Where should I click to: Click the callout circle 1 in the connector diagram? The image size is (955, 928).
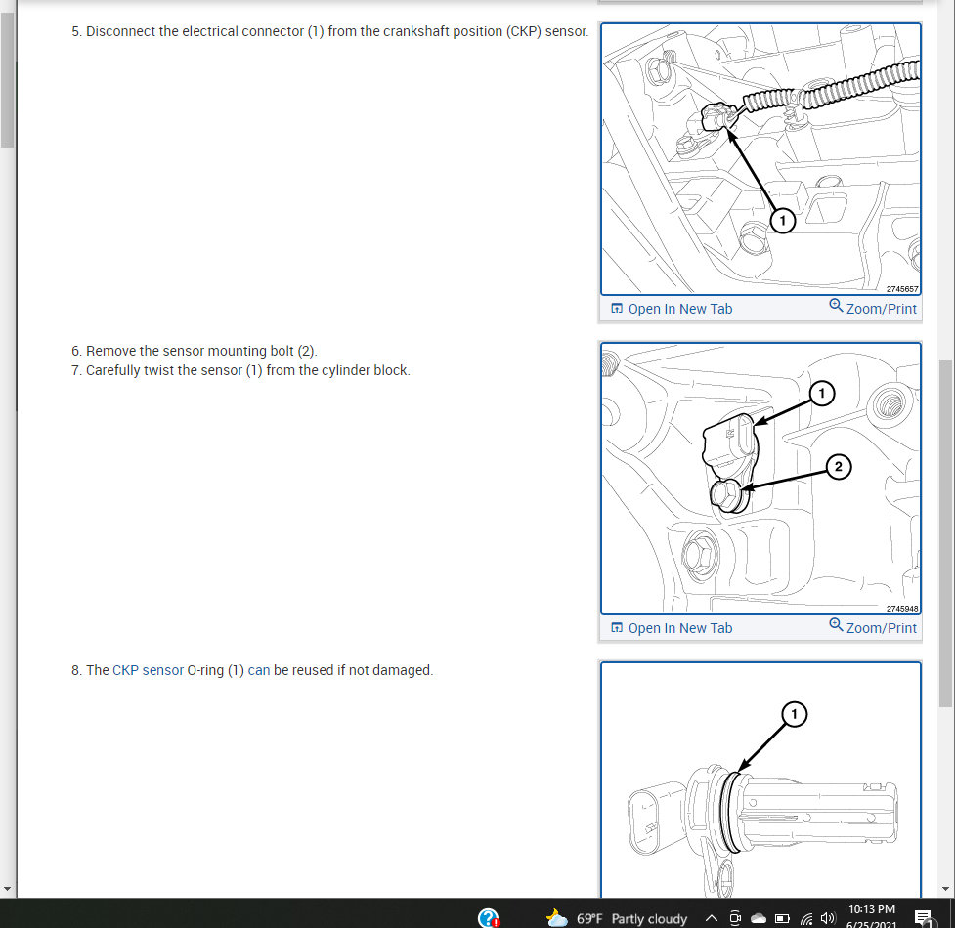tap(783, 221)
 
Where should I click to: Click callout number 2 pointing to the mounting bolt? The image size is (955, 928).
tap(839, 467)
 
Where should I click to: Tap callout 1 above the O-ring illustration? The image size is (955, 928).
tap(794, 714)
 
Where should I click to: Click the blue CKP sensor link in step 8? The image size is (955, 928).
tap(148, 670)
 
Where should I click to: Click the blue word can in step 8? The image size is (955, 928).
tap(259, 670)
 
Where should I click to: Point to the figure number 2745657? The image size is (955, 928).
tap(902, 289)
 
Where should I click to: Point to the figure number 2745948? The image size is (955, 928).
tap(902, 609)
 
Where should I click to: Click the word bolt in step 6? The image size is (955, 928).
tap(282, 351)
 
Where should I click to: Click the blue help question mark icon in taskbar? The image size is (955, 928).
tap(489, 917)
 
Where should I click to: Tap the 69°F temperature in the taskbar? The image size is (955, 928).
tap(589, 918)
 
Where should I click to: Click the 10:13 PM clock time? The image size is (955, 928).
tap(872, 909)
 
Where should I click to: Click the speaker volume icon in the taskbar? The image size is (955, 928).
tap(828, 918)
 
